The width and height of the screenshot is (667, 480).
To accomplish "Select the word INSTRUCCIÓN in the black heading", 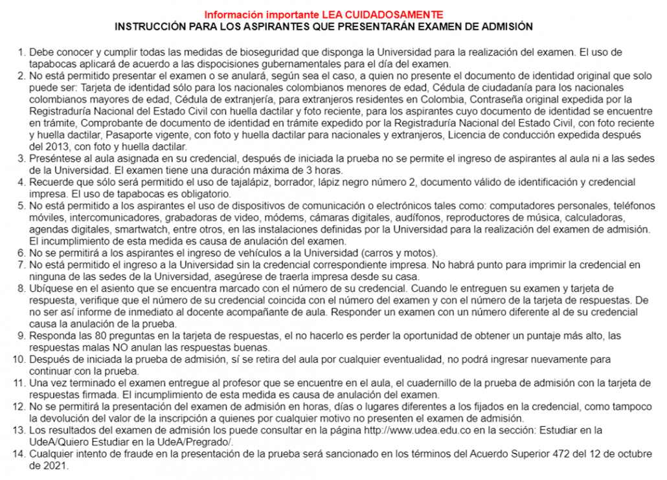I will click(x=147, y=27).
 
